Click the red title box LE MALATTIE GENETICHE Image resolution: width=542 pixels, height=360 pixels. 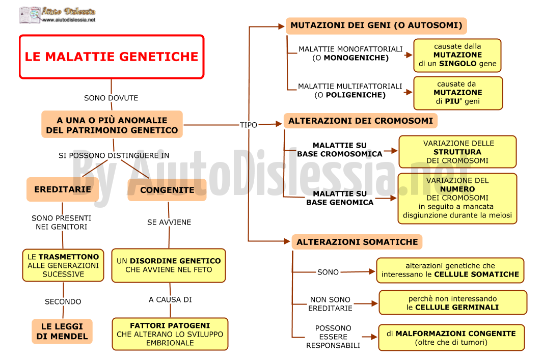pos(112,57)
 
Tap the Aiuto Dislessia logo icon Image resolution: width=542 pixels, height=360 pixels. pos(30,15)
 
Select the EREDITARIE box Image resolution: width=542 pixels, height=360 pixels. pos(63,189)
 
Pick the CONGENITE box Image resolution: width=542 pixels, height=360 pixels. pos(167,189)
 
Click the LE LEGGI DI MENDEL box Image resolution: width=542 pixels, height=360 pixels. pos(62,331)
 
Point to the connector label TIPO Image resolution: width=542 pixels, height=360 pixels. pos(249,125)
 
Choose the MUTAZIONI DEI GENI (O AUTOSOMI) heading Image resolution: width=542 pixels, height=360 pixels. pos(376,25)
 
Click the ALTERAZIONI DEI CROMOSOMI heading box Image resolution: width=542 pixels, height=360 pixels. pos(361,121)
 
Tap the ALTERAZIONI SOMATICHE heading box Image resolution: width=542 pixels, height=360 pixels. pos(357,242)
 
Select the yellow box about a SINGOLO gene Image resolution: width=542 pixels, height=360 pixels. pos(457,56)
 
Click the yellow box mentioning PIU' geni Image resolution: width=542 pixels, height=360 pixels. pos(458,93)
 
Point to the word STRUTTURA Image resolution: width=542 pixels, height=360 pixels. pos(457,152)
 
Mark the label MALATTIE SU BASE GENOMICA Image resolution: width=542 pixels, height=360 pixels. pos(340,198)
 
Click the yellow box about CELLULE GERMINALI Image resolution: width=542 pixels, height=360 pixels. pos(453,302)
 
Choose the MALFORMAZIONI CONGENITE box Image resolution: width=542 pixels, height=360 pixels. pos(451,338)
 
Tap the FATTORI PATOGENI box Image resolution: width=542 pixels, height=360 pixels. pos(170,334)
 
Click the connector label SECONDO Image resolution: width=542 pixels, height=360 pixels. pos(63,301)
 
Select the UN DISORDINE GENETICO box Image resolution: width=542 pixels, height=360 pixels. pos(169,265)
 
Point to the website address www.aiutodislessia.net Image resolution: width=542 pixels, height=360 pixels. pos(69,20)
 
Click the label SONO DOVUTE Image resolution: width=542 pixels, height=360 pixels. pos(111,98)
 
